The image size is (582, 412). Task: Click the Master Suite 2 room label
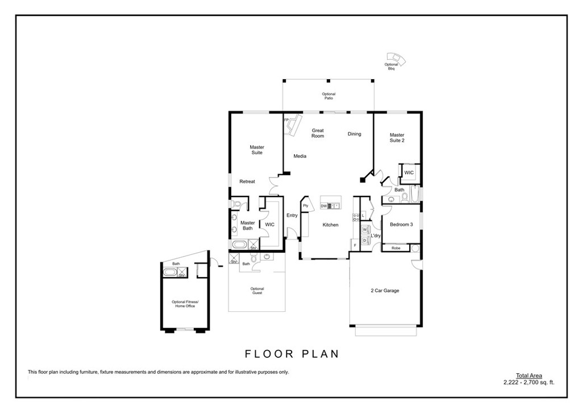pos(397,138)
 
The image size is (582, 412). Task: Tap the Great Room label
pos(318,133)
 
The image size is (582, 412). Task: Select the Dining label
pos(355,134)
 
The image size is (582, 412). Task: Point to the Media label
pos(300,156)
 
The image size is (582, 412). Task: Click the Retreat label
pos(247,182)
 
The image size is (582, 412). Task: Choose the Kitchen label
pos(330,225)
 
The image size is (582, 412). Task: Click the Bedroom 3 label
pos(401,225)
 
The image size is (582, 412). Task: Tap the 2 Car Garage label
pos(385,291)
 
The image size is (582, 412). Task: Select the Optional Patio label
pos(329,96)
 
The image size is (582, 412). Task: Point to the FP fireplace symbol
pos(294,125)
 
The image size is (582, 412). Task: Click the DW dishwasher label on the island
pos(323,206)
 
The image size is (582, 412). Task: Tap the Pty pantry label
pos(305,205)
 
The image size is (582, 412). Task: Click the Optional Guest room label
pos(257,291)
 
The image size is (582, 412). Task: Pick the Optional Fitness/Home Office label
pos(184,304)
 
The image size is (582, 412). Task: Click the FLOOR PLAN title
pos(292,354)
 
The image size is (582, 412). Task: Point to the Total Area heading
pos(529,376)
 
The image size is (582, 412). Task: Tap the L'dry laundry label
pos(376,236)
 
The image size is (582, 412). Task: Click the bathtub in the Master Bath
pos(239,246)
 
